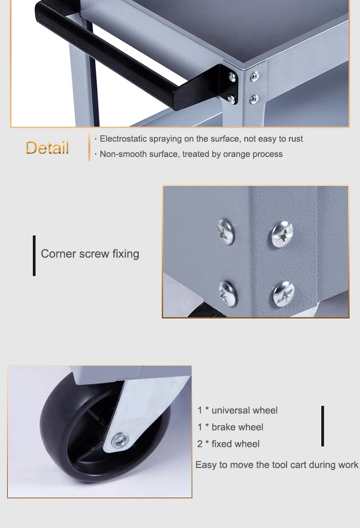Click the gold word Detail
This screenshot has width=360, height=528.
[x=47, y=148]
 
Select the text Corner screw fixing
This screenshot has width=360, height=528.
[x=90, y=254]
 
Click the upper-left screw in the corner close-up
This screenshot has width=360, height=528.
[x=226, y=231]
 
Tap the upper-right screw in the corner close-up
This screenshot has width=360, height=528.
[x=282, y=234]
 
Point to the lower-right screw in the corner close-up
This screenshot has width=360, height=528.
[x=283, y=294]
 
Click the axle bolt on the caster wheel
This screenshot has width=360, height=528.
[x=120, y=440]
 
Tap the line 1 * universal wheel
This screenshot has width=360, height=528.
[x=238, y=410]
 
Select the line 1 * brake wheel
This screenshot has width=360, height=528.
[x=230, y=427]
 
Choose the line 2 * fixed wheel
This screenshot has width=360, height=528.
[x=228, y=444]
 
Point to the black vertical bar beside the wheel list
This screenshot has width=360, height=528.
[x=323, y=426]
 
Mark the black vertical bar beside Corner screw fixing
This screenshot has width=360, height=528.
[x=34, y=255]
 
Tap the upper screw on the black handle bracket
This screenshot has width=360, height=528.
[x=232, y=77]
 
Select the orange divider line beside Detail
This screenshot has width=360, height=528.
[x=89, y=146]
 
